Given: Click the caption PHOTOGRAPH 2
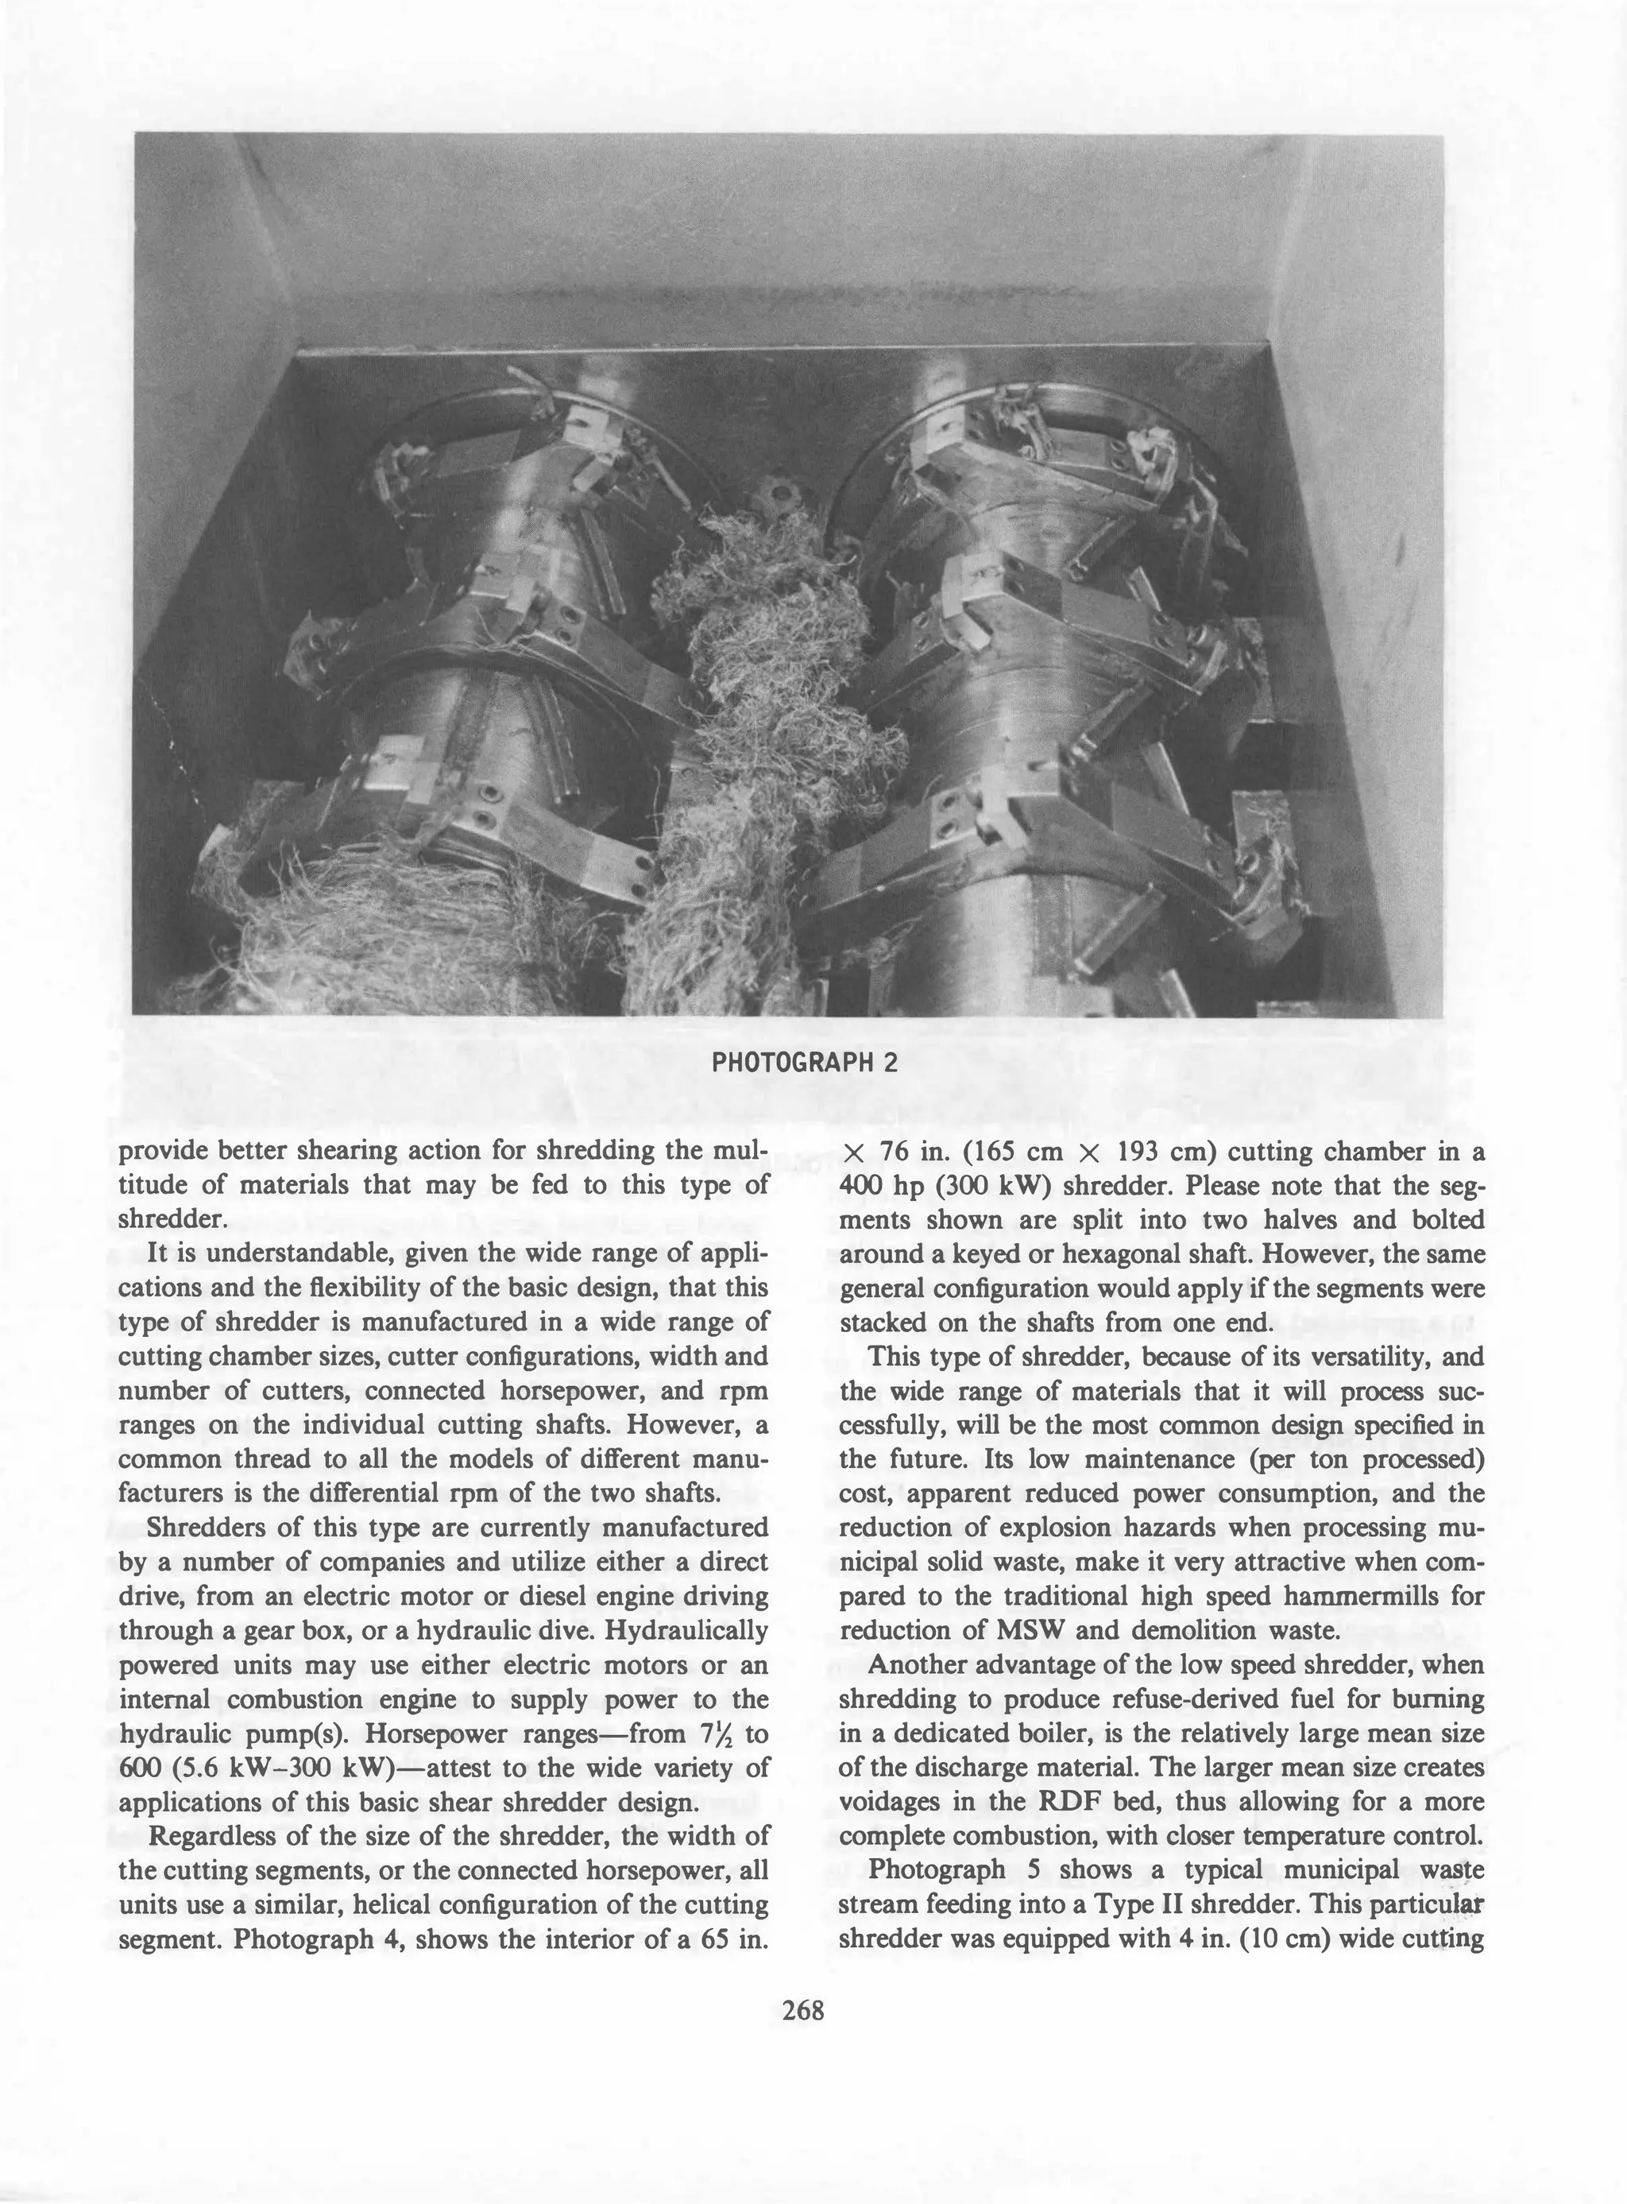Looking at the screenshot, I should click(x=804, y=1063).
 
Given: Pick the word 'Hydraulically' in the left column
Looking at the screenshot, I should click(x=686, y=1631).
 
